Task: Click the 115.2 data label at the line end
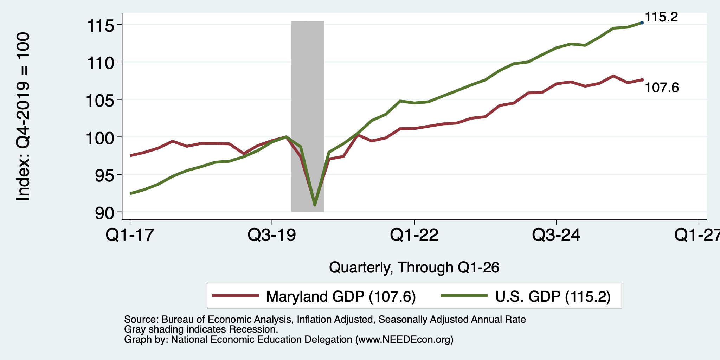point(661,17)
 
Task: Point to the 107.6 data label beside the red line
point(662,88)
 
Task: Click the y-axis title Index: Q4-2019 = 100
point(23,116)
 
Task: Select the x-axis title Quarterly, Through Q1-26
point(414,268)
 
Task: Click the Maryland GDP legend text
point(341,296)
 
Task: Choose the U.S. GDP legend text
point(553,296)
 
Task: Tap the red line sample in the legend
point(236,296)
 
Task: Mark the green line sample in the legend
point(464,296)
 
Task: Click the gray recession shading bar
point(308,116)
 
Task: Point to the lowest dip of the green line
point(315,205)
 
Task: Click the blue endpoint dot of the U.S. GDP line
point(642,22)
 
